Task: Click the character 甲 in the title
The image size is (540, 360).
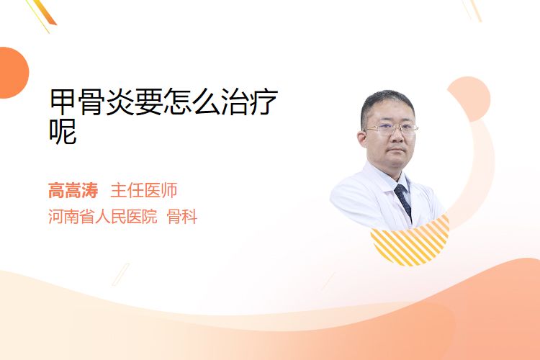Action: click(63, 102)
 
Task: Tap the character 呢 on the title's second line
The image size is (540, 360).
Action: click(63, 131)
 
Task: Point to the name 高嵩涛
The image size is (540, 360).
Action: click(73, 190)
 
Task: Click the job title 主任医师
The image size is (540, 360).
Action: click(143, 190)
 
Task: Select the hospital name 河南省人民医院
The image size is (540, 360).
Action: click(102, 217)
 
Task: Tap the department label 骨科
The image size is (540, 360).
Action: click(182, 217)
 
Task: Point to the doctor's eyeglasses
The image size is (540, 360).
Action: click(390, 130)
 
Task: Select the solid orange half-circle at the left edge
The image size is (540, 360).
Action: click(14, 73)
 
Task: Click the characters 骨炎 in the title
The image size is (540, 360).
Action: click(107, 102)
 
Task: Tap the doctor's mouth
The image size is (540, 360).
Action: click(397, 150)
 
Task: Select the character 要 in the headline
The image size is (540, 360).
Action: click(149, 102)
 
